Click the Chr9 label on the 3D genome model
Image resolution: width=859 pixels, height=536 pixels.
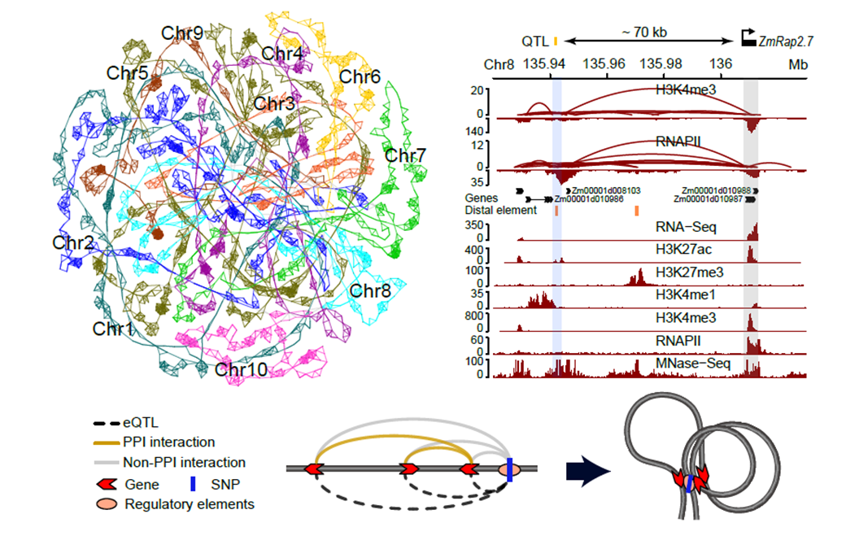(182, 33)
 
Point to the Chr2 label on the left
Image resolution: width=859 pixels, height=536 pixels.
(72, 242)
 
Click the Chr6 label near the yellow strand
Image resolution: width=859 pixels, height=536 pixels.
(360, 77)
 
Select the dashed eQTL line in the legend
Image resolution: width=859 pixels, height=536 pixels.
(107, 424)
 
